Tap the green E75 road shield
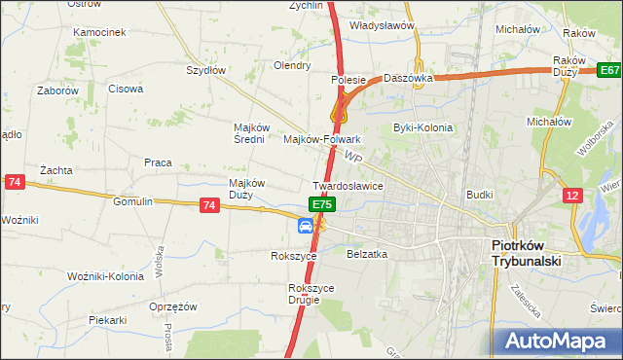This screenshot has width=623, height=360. click(x=323, y=205)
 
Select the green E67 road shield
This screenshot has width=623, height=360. click(x=609, y=71)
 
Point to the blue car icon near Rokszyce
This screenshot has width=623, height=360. click(x=306, y=226)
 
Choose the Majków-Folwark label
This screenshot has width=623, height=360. click(x=321, y=139)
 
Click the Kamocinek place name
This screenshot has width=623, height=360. click(x=99, y=32)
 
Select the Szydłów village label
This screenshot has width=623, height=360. click(x=205, y=70)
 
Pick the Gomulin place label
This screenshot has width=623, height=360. click(x=132, y=201)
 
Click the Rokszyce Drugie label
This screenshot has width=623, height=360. click(x=311, y=294)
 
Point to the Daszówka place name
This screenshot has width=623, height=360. click(x=407, y=77)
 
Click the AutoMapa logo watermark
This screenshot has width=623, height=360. click(x=556, y=342)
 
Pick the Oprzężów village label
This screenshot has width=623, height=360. click(x=173, y=306)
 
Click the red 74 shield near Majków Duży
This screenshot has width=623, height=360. click(x=208, y=205)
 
